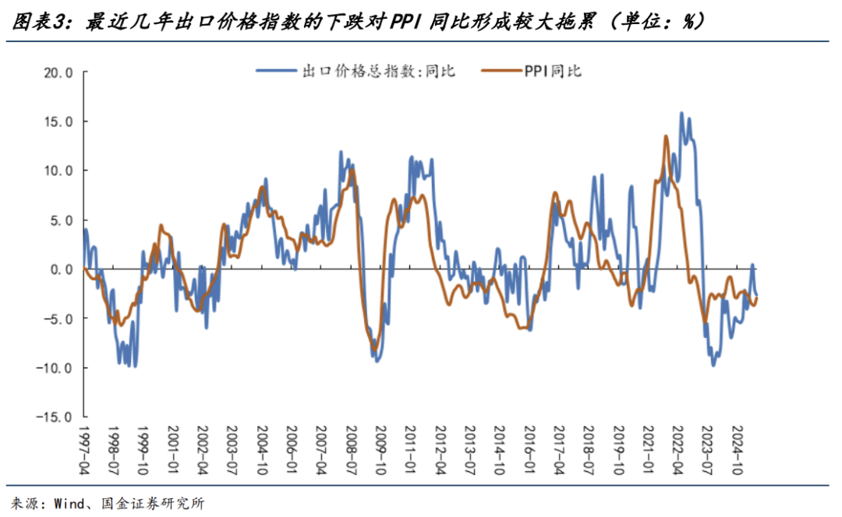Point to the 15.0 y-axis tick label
pyautogui.click(x=58, y=121)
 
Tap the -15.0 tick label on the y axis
pyautogui.click(x=55, y=417)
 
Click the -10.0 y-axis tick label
pyautogui.click(x=55, y=368)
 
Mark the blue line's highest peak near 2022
pyautogui.click(x=681, y=113)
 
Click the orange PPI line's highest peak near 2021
pyautogui.click(x=666, y=136)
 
